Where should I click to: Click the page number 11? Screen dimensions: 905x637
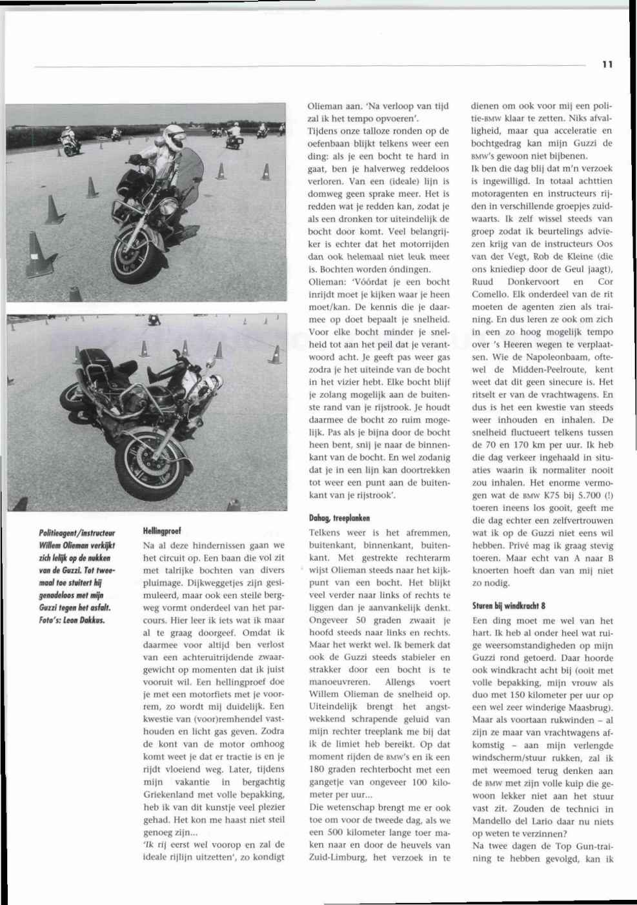tap(607, 64)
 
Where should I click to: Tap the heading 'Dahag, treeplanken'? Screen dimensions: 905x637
tap(339, 517)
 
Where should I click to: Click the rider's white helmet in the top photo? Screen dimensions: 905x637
tap(174, 136)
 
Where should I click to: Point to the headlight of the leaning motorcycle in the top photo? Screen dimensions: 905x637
tap(168, 207)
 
